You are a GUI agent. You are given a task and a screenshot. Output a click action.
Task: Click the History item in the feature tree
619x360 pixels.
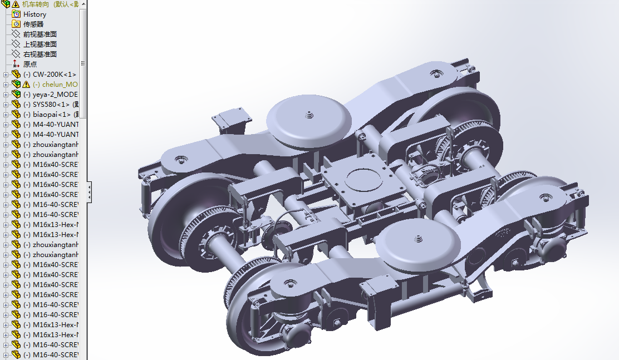click(x=35, y=14)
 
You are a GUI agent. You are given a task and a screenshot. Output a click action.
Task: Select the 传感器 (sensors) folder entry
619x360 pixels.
click(x=34, y=24)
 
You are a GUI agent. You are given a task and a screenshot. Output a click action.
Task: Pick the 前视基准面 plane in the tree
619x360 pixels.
click(x=40, y=34)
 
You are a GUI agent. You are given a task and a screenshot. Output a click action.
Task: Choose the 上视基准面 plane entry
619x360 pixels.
click(x=40, y=44)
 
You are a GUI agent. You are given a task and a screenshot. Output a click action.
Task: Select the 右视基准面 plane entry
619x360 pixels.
click(x=40, y=54)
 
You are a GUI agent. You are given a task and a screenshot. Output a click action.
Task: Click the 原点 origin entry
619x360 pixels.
click(x=30, y=64)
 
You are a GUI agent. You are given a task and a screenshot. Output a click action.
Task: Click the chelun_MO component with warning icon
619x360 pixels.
click(x=55, y=84)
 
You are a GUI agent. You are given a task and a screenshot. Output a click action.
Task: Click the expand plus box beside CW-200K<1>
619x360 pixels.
click(x=6, y=75)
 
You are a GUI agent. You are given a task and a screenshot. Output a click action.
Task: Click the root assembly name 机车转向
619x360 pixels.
click(x=42, y=4)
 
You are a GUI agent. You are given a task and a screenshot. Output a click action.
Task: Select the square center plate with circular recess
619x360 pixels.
click(x=361, y=184)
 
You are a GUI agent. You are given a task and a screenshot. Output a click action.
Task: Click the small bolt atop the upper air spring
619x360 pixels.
click(x=307, y=115)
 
